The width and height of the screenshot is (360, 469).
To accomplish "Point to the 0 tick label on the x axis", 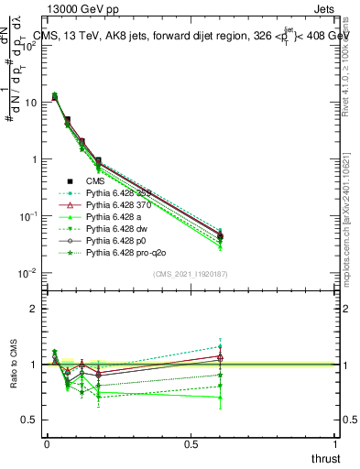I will click(47, 442).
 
